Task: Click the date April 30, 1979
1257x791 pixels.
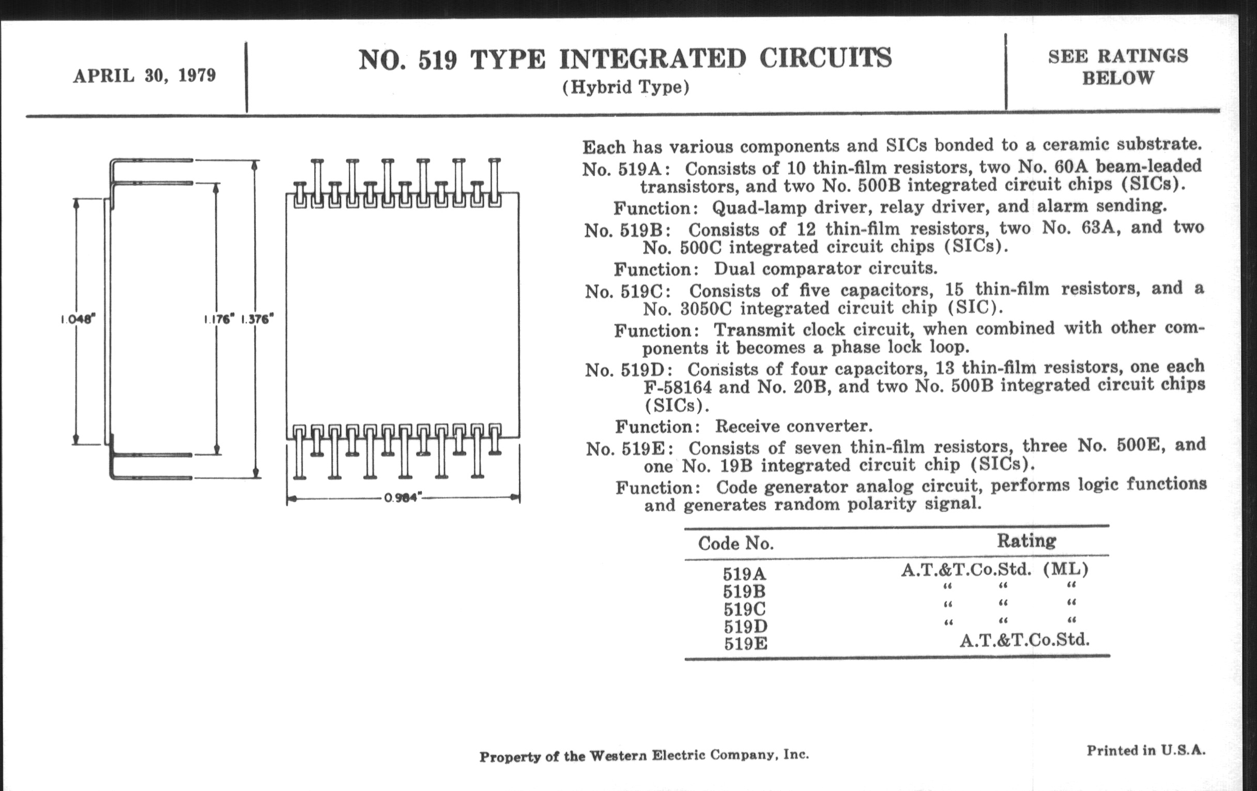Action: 145,75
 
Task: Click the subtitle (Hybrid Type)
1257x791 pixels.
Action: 625,87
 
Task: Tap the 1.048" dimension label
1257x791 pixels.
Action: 78,319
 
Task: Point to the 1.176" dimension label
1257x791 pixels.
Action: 219,319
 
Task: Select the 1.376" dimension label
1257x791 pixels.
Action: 257,319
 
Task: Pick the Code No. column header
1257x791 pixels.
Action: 735,543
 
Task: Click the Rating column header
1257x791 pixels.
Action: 1026,540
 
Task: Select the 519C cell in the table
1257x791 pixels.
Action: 744,609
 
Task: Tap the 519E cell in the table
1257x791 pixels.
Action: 745,644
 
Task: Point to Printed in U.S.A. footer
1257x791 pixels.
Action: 1146,750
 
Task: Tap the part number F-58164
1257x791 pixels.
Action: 678,387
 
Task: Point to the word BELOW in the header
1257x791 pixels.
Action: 1117,78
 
